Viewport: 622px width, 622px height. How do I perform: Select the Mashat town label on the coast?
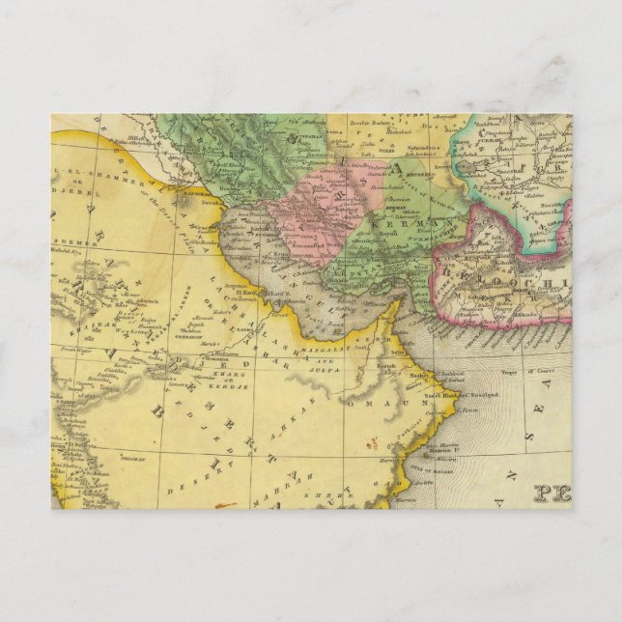(417, 375)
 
